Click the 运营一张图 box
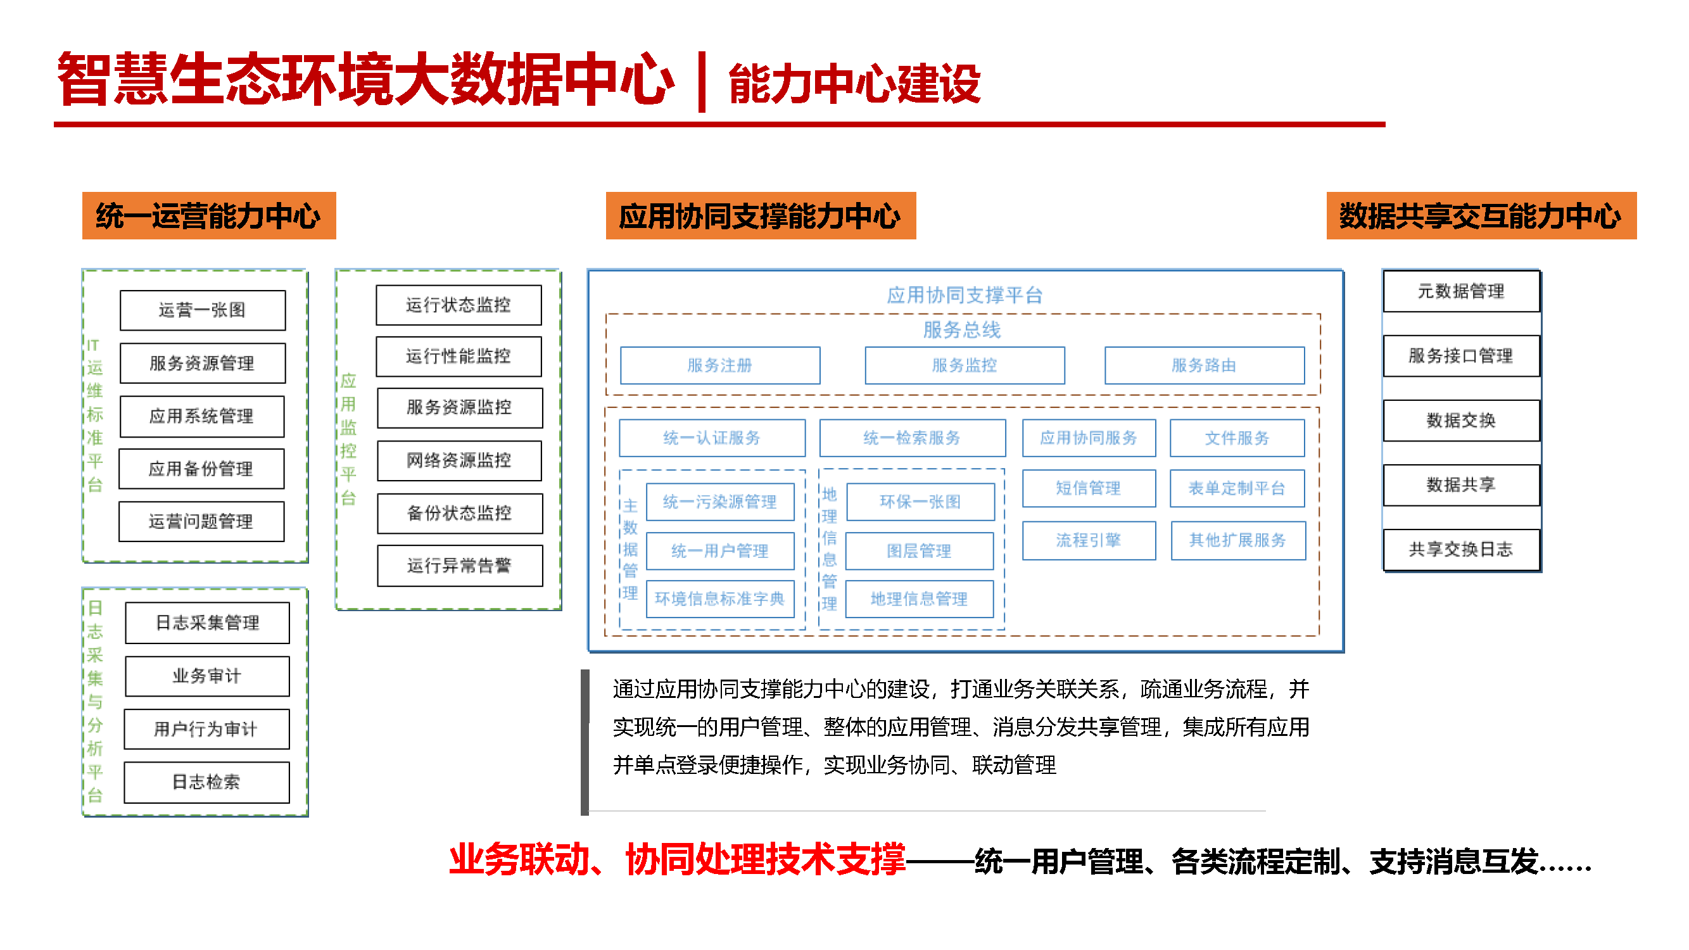point(203,310)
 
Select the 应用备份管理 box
point(201,469)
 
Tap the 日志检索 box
point(206,782)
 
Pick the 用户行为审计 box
point(206,728)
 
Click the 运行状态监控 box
point(459,305)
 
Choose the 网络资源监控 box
point(459,460)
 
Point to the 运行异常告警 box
point(460,565)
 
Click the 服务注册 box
point(719,365)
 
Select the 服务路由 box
point(1204,365)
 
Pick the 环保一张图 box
point(920,502)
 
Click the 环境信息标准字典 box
point(719,598)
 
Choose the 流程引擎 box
point(1089,540)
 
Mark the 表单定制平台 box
point(1237,488)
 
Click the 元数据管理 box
point(1461,291)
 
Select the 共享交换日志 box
point(1461,549)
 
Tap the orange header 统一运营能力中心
point(208,216)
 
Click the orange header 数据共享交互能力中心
point(1481,216)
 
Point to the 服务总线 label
point(962,330)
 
